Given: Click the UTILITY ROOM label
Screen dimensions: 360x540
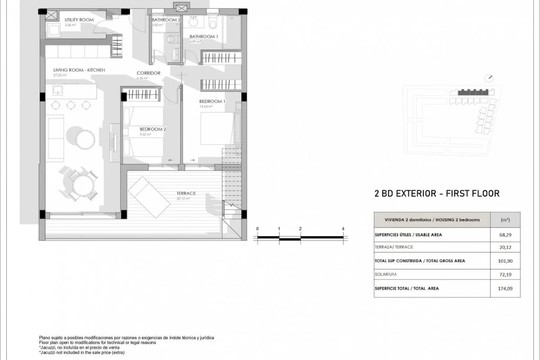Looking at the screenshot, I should click(79, 20).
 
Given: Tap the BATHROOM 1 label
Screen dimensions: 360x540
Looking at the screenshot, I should click(203, 36).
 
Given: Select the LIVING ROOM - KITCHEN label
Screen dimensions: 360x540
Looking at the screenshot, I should click(79, 70).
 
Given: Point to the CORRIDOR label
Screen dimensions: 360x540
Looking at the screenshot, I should click(148, 73).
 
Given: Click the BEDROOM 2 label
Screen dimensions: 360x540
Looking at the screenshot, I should click(153, 129).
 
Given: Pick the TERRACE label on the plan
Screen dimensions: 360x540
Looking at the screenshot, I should click(186, 193).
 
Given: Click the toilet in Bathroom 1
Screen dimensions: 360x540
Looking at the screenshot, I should click(213, 22).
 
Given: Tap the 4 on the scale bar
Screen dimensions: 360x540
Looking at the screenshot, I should click(343, 229).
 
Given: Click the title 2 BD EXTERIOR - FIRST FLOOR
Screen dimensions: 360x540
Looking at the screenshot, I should click(437, 194).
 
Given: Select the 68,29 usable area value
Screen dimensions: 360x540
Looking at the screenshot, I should click(505, 234).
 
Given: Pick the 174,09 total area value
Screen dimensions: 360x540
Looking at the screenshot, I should click(505, 288).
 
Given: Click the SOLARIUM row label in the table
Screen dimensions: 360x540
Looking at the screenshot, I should click(385, 274).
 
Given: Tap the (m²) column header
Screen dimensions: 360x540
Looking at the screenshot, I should click(505, 220).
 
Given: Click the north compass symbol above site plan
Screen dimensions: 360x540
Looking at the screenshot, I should click(489, 78).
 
